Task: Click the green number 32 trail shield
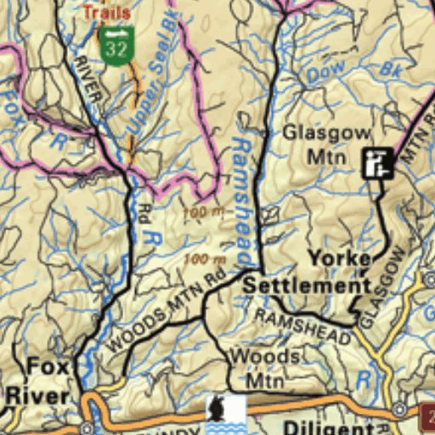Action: point(117,43)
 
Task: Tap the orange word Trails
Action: point(106,12)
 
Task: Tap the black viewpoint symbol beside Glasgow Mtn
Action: point(376,162)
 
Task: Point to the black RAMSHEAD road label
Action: point(303,326)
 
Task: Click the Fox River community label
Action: point(38,381)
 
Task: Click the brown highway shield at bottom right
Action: point(427,416)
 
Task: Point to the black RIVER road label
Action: point(88,79)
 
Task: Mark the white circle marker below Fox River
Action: point(87,427)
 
